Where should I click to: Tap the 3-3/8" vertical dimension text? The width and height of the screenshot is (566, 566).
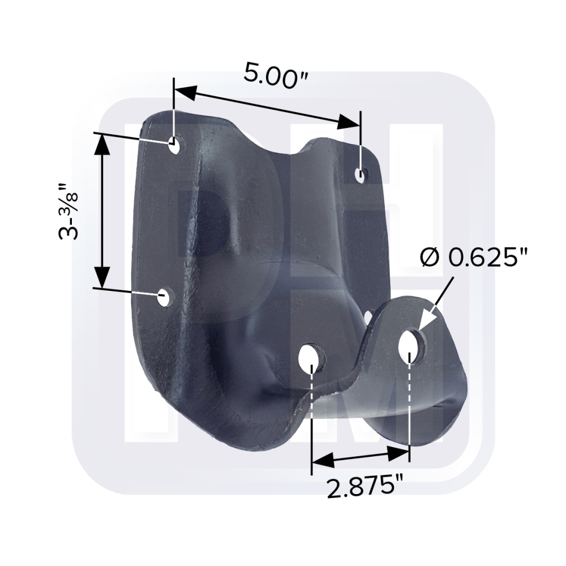(68, 212)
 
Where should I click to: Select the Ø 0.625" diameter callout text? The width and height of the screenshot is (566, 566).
(474, 258)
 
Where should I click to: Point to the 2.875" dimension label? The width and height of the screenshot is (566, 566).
(365, 486)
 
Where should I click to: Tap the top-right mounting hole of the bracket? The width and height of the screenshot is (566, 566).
(360, 175)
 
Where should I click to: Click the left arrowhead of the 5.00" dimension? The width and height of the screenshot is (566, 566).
(186, 93)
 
